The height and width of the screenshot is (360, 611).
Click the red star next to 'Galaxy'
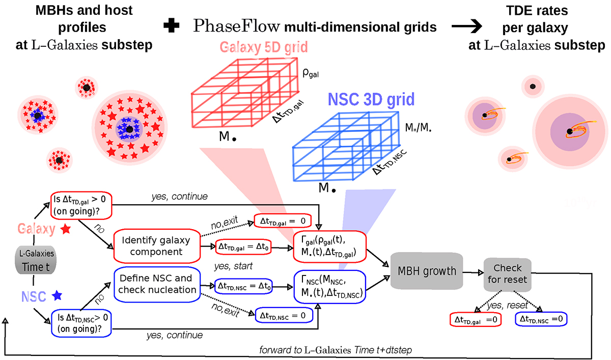click(66, 231)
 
